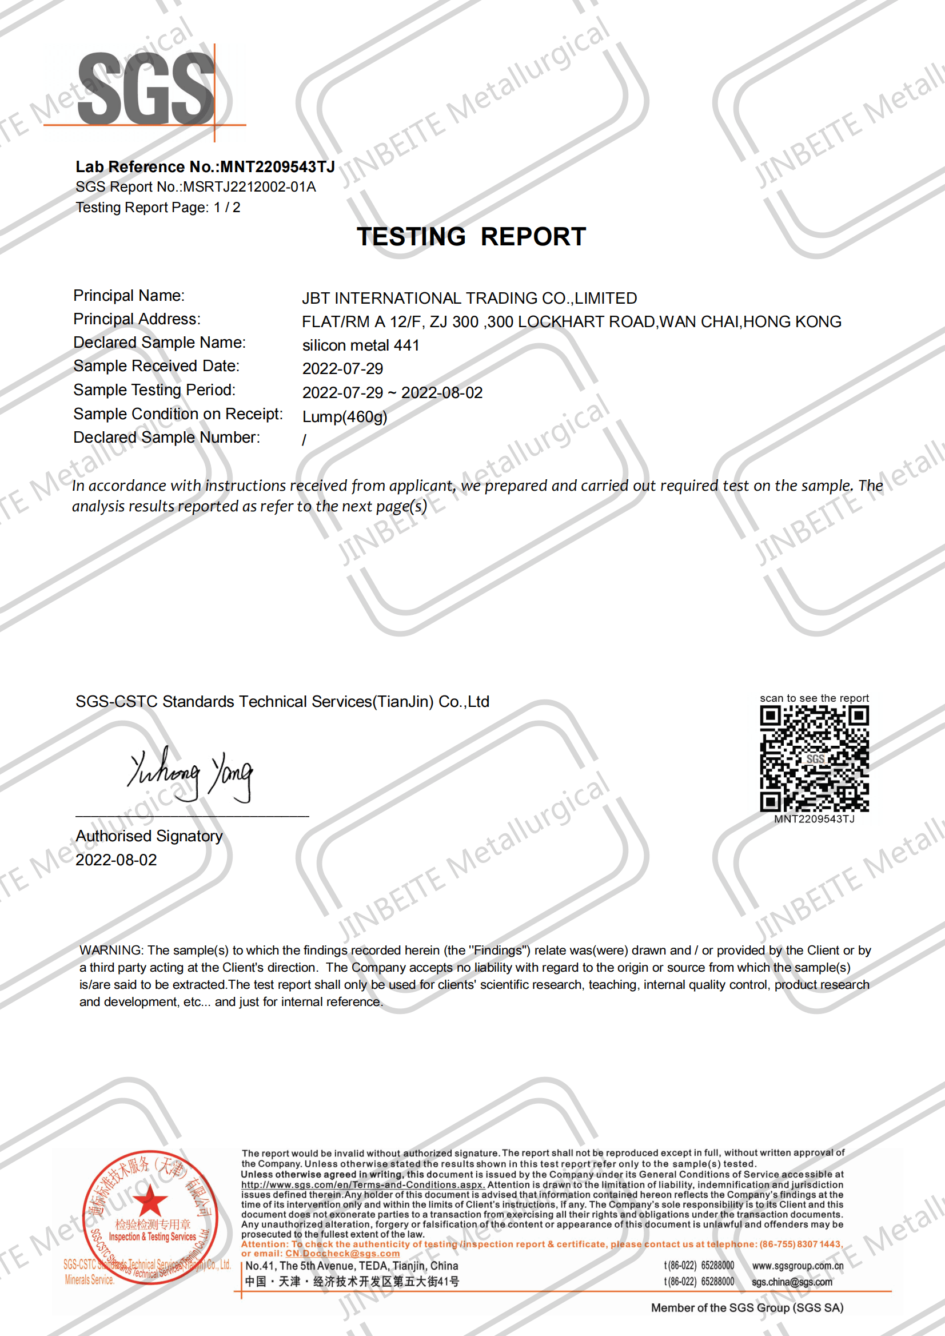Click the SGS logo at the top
click(x=146, y=89)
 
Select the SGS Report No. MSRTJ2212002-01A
click(x=249, y=187)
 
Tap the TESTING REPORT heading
click(x=470, y=236)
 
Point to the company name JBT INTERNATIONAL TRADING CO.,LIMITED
click(x=469, y=298)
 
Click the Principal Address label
click(x=137, y=319)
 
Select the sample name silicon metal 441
click(x=361, y=345)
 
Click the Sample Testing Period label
click(x=154, y=389)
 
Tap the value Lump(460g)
click(x=345, y=417)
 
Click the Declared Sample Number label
click(x=166, y=437)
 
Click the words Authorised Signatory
click(x=149, y=836)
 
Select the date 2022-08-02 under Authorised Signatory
click(x=117, y=860)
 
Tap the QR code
click(x=814, y=758)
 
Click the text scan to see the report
click(x=814, y=698)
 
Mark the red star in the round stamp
click(x=151, y=1200)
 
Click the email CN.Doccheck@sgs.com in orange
click(x=342, y=1253)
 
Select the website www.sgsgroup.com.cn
click(x=797, y=1266)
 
